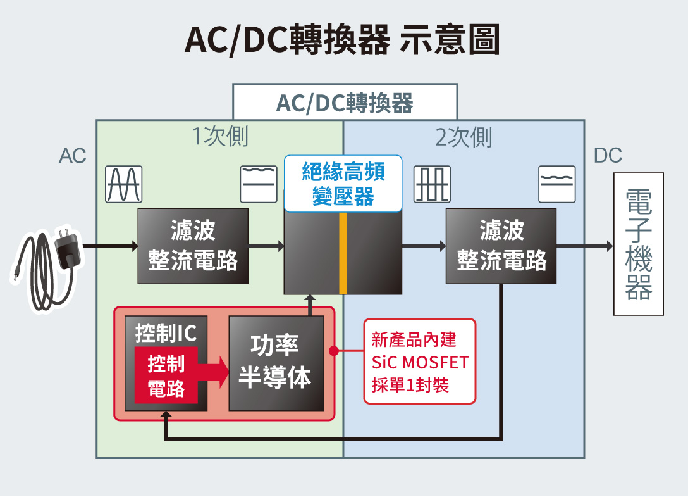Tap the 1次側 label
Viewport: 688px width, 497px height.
click(220, 136)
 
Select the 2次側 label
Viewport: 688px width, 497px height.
click(464, 137)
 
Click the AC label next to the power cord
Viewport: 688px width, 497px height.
click(72, 156)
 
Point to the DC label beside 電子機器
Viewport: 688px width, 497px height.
click(608, 156)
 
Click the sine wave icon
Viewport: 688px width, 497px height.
click(124, 184)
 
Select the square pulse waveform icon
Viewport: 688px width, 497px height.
click(432, 184)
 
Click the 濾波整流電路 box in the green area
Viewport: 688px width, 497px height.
click(193, 246)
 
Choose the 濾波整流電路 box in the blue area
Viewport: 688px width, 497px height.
click(501, 246)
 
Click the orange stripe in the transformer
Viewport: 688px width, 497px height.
click(343, 253)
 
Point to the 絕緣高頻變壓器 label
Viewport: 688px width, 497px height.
click(343, 184)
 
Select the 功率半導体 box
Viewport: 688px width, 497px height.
click(276, 363)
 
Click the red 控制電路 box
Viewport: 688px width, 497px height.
click(166, 375)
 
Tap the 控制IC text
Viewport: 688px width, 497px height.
click(166, 333)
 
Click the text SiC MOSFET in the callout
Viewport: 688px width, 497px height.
click(420, 363)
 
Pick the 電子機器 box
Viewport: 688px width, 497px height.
click(639, 244)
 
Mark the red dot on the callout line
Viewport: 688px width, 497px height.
click(334, 351)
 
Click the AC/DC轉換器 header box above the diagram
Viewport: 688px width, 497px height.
click(345, 102)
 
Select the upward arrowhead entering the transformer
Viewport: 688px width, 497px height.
click(310, 298)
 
